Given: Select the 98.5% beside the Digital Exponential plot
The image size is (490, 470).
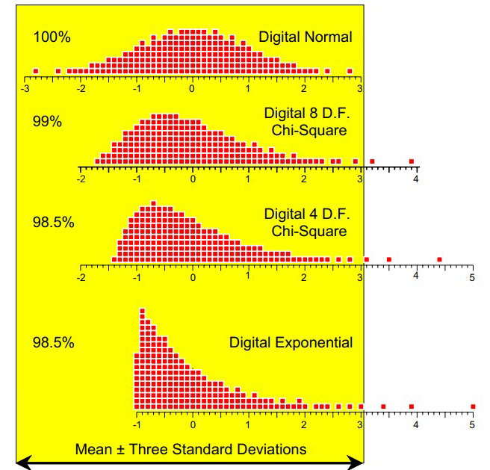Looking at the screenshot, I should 53,343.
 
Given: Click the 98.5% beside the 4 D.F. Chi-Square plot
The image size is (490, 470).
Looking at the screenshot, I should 53,223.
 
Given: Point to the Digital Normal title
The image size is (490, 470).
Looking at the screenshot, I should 306,36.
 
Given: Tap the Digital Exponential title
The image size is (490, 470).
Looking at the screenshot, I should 291,343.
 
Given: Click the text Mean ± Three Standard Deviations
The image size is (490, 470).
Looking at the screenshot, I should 190,449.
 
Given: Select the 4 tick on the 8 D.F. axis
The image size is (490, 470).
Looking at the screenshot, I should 416,179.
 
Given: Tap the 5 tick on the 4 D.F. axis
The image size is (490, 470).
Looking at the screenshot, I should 471,277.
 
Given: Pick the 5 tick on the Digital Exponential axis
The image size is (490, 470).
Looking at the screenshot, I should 472,424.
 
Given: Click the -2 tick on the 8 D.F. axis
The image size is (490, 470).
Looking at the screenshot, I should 81,179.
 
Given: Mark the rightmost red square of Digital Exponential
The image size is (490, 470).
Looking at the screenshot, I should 473,406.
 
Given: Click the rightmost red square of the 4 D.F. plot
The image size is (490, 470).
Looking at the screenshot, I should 439,259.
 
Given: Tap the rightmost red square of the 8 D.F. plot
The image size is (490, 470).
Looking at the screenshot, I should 412,161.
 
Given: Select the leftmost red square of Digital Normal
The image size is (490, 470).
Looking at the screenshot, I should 35,71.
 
